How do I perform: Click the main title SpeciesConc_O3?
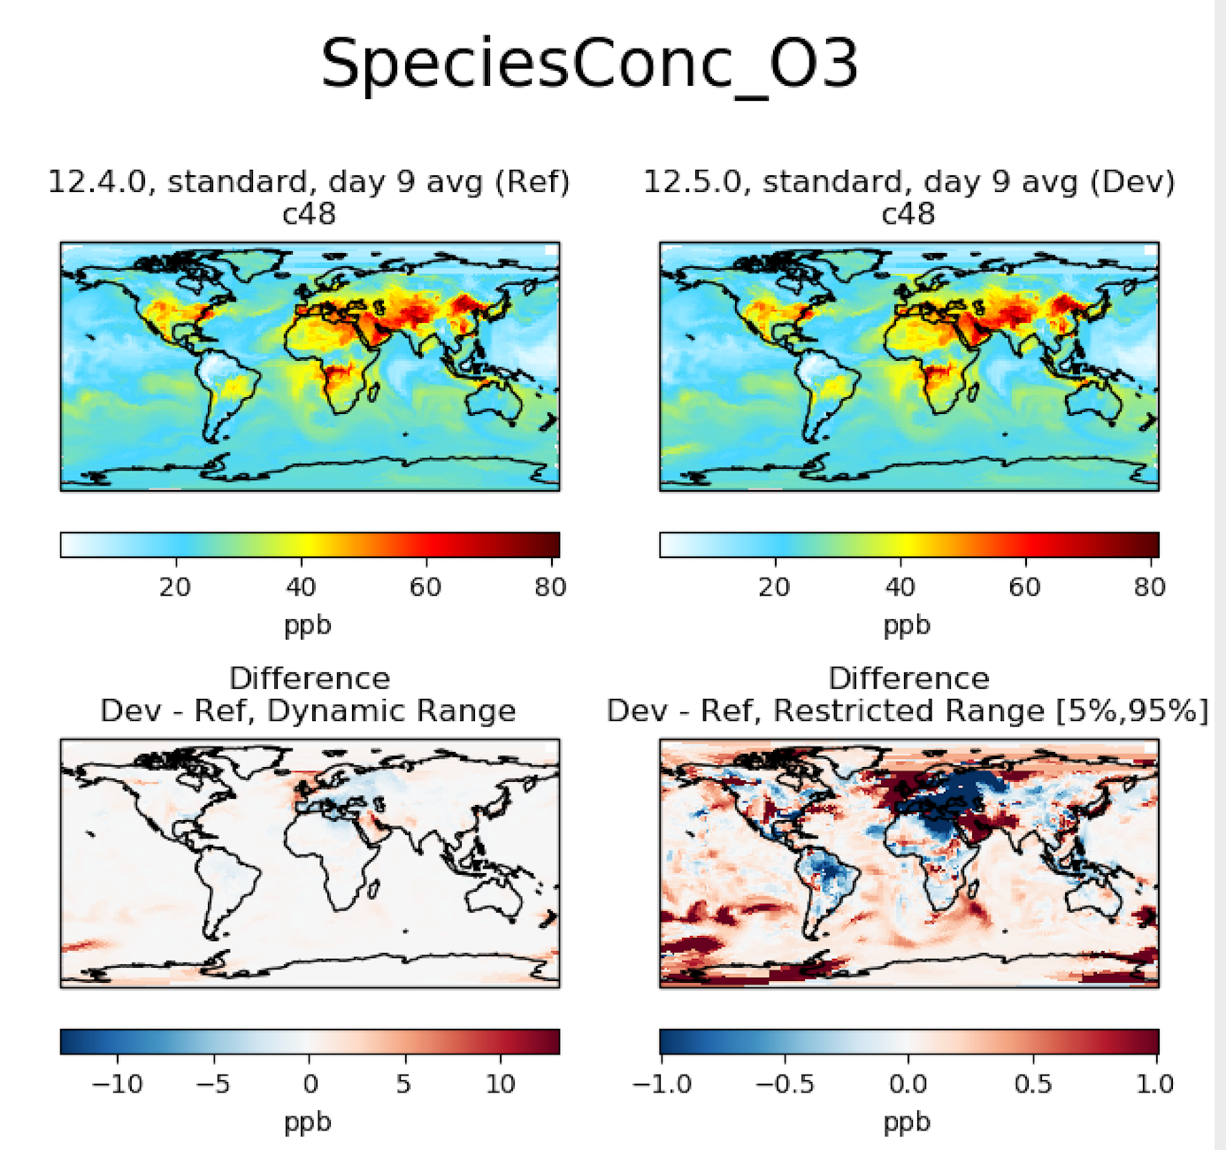click(589, 64)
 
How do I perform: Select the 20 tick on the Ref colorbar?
click(175, 586)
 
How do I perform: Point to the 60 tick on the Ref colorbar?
click(425, 586)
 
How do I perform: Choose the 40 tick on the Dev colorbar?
click(900, 586)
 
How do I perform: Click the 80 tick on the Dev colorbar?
click(1150, 586)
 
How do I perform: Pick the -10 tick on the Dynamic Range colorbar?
click(118, 1084)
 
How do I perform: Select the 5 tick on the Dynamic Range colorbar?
click(404, 1084)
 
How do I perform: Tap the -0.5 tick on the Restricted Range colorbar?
click(784, 1084)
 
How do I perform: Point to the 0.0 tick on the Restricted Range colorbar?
click(908, 1084)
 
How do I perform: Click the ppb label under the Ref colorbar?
click(308, 625)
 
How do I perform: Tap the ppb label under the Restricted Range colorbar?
click(908, 1123)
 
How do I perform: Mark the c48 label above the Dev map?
click(908, 214)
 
